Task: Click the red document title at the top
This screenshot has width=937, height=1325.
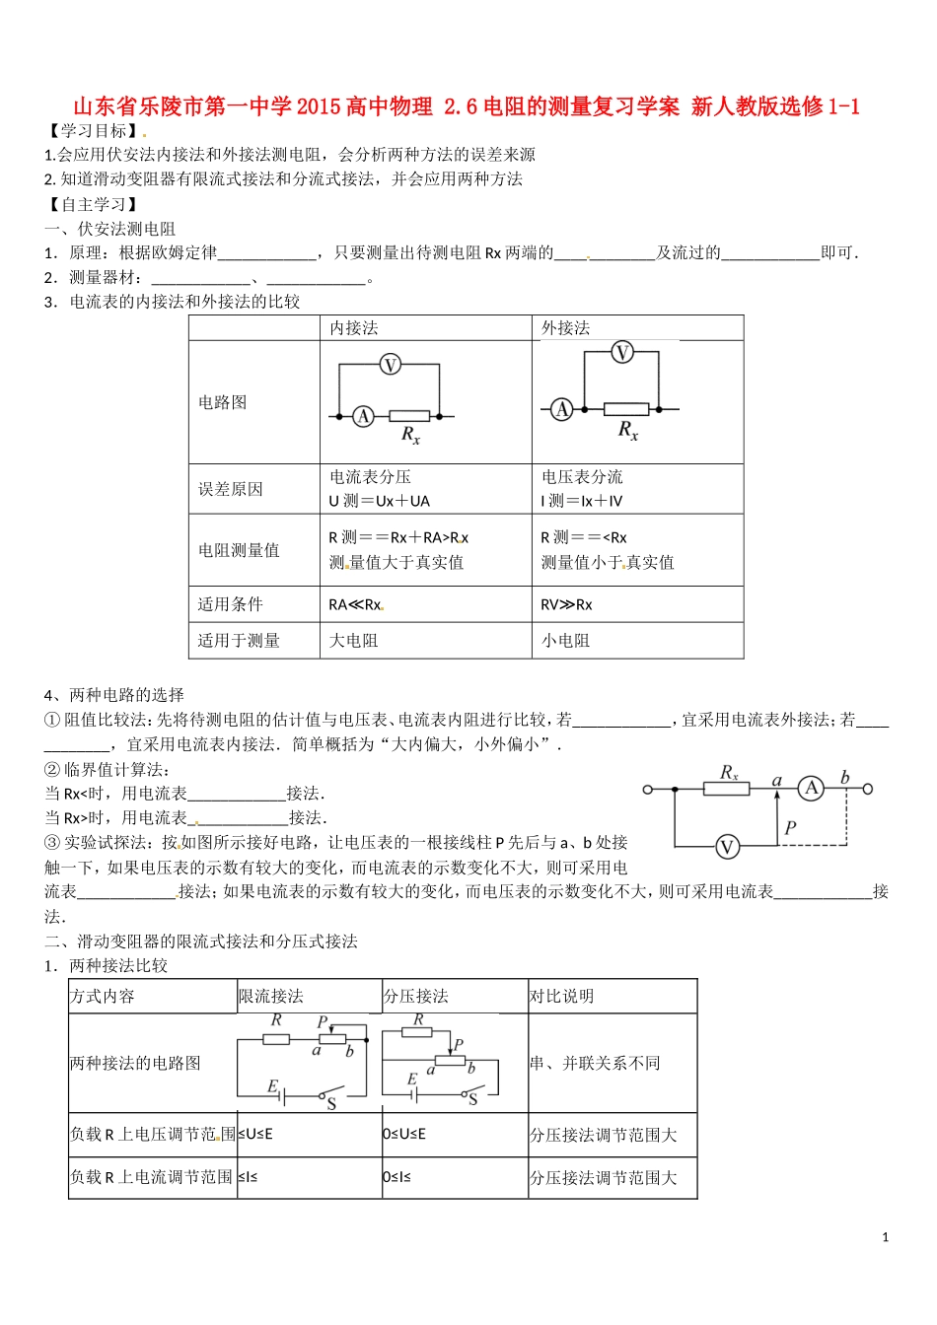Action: point(467,106)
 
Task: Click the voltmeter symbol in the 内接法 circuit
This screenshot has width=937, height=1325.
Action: point(391,366)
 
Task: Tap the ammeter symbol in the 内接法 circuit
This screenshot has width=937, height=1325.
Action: point(364,417)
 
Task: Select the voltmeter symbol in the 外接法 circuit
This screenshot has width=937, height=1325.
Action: point(622,352)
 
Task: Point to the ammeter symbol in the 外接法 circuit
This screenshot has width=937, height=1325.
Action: point(562,408)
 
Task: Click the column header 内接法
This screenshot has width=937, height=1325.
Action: point(354,328)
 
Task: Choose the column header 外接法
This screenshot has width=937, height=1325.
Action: point(565,328)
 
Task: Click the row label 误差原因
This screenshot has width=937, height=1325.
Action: point(231,489)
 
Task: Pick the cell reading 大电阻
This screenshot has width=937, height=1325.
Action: point(353,641)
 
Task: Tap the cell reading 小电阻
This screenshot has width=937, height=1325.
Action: point(565,641)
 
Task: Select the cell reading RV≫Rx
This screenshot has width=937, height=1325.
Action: point(566,604)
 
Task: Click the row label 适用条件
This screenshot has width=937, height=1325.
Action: point(231,604)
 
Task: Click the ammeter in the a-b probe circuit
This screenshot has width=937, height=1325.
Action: point(812,788)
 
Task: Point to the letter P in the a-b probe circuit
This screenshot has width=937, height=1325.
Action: point(790,828)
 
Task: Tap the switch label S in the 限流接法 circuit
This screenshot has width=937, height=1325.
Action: point(331,1104)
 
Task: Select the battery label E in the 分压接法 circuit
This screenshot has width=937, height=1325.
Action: point(412,1080)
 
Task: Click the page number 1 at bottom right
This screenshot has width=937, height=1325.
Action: point(886,1237)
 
